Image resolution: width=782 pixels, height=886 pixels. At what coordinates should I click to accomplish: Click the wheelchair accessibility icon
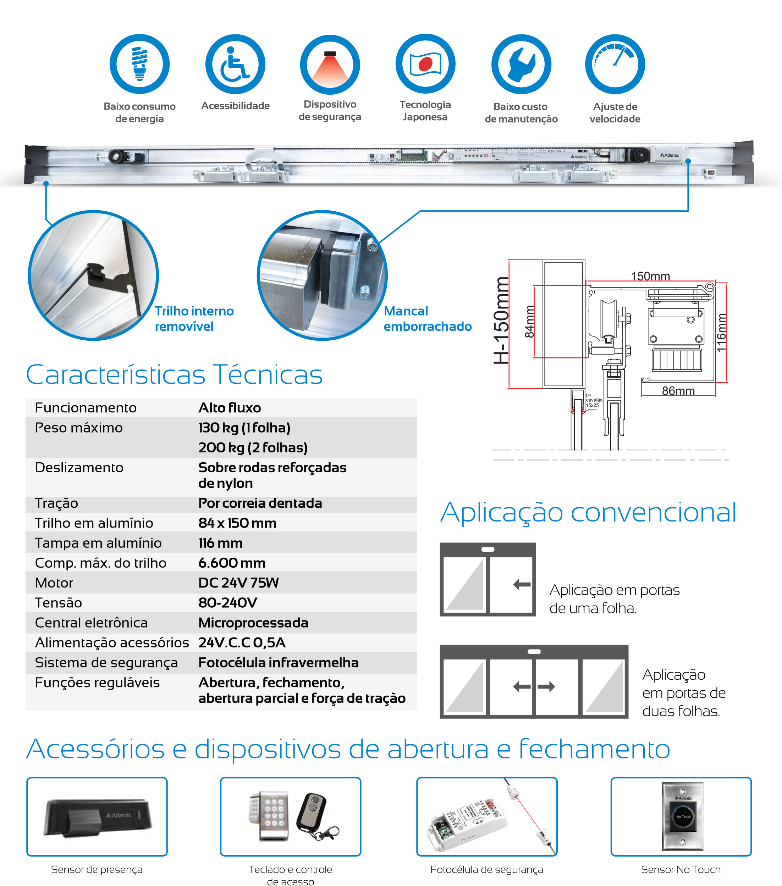coord(235,64)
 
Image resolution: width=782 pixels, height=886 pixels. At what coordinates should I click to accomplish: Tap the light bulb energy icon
coord(139,64)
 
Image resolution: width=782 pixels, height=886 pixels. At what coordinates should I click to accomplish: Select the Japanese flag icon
coord(425,64)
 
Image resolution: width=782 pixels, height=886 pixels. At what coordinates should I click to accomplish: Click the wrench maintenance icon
coord(521,64)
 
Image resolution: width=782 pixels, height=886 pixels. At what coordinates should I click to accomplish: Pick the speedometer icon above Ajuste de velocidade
coord(615,64)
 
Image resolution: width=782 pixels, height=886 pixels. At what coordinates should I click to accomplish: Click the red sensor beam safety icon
coord(330,65)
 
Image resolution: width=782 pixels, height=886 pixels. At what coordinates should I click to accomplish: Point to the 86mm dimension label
coord(678,391)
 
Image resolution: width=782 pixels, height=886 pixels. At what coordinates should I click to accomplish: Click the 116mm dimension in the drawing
coord(721,333)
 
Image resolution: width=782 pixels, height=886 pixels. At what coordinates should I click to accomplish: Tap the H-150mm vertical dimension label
coord(501,321)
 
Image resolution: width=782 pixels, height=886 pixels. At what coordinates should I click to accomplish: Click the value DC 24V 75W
coord(238,583)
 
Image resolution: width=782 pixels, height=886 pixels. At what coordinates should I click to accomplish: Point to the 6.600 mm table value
coord(232,563)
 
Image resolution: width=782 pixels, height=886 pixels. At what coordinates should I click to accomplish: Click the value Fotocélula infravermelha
coord(278,663)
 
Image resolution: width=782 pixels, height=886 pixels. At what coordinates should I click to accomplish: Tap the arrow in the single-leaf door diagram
coord(522,585)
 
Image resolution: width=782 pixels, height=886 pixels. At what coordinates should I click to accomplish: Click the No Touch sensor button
coord(683,817)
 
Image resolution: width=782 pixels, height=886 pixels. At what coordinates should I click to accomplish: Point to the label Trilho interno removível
coord(194,319)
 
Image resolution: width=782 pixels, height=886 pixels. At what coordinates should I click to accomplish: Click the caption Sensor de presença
coord(97,870)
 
